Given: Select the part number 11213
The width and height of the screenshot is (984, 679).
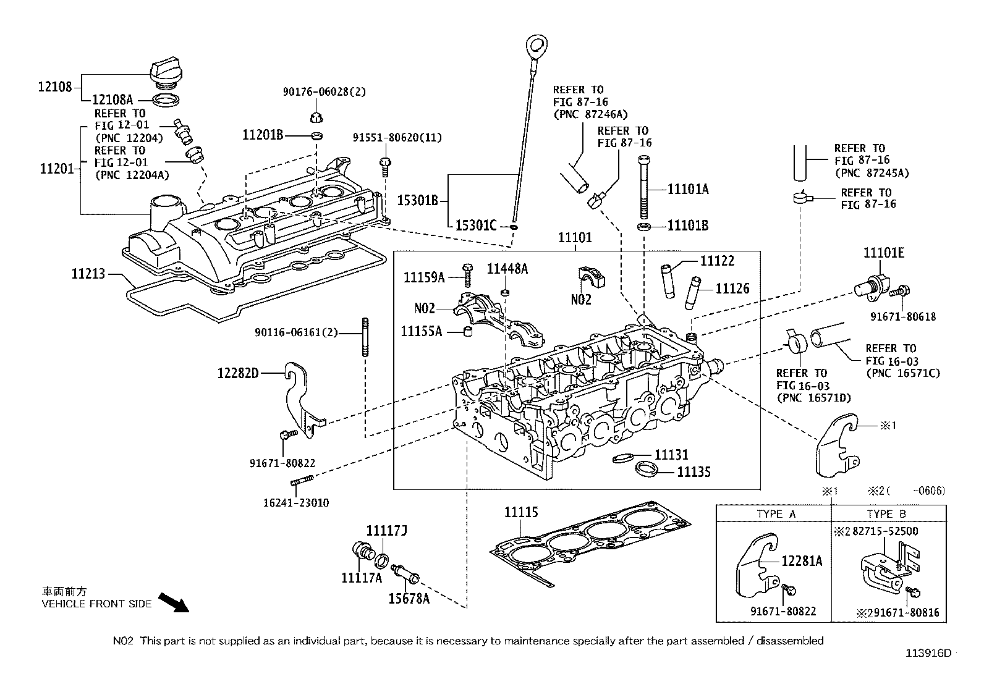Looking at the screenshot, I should pos(88,274).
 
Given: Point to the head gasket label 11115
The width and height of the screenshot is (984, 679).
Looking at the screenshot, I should pos(520,512).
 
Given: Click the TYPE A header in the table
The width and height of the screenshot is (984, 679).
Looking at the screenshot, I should pos(776,514).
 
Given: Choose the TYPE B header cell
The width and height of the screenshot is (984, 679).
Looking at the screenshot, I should pos(886,514).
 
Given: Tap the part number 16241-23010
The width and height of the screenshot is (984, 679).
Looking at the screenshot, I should pos(297,502).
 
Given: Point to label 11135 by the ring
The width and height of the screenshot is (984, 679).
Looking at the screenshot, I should pos(693,472).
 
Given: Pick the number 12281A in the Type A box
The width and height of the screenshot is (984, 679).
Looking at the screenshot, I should pos(802,560).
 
